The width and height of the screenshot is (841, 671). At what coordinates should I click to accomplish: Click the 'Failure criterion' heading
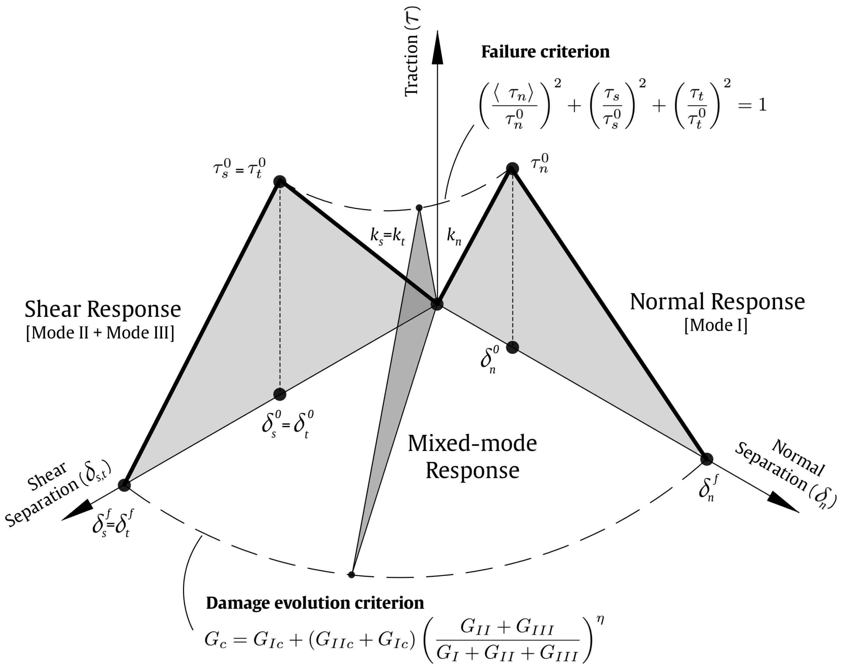click(545, 52)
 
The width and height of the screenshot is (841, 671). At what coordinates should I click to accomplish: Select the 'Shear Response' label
click(103, 309)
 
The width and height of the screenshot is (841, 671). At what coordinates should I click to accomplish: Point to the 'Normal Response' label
click(717, 302)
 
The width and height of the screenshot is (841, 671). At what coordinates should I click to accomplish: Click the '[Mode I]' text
click(716, 325)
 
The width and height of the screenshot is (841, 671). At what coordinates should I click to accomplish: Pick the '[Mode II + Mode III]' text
click(100, 333)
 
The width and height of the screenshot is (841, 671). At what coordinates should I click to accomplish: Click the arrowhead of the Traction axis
click(437, 47)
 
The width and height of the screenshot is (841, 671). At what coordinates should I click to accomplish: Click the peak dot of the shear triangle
click(280, 181)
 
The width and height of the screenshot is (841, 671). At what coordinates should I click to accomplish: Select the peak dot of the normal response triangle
click(512, 169)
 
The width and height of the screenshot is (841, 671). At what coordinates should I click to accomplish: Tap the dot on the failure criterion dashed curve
click(419, 208)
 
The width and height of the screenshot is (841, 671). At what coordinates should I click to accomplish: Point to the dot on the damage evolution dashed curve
click(351, 574)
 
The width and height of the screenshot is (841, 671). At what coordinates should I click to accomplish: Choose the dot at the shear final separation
click(124, 485)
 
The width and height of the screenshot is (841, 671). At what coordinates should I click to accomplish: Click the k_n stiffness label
click(454, 237)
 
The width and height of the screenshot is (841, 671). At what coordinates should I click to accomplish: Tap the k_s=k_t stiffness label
click(387, 237)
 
